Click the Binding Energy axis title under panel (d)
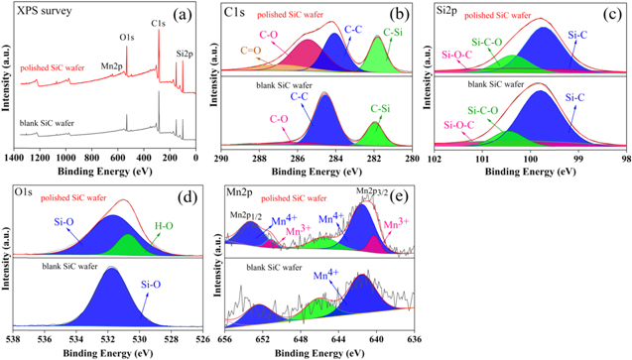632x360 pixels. [108, 353]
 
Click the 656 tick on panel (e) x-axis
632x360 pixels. [225, 340]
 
